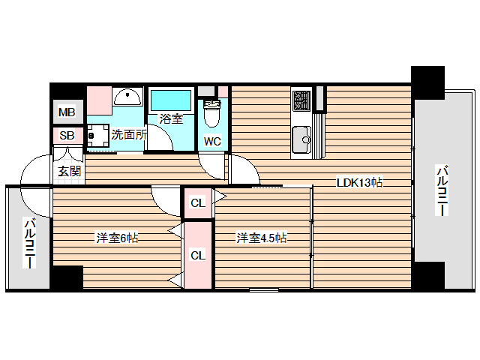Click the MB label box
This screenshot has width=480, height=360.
(x=67, y=113)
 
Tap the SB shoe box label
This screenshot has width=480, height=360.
(x=67, y=136)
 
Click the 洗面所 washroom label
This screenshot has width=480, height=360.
(x=128, y=135)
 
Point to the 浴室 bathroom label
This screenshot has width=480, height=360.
(x=171, y=118)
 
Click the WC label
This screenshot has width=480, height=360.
(x=211, y=140)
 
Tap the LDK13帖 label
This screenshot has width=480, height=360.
(x=360, y=182)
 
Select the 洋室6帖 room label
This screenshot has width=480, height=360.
(x=116, y=238)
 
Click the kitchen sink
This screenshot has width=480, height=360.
(x=302, y=139)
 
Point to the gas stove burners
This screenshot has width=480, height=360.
(x=302, y=100)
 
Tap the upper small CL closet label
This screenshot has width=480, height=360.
(x=197, y=202)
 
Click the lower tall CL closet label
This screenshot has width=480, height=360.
(x=197, y=256)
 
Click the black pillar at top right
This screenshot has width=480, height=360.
(x=427, y=81)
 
